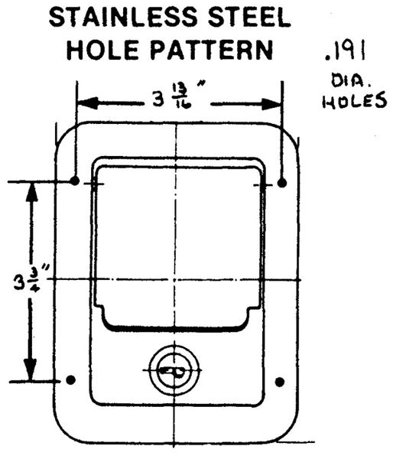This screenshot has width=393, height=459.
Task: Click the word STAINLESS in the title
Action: tap(123, 18)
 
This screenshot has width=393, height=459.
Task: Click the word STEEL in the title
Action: tap(248, 18)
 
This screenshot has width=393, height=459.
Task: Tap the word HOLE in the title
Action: tap(102, 50)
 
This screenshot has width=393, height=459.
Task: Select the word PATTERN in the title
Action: tap(211, 50)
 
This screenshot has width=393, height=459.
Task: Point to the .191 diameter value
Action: tap(346, 51)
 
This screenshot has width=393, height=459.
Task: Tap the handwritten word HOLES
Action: tap(354, 100)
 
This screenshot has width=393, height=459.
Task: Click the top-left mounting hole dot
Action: tap(75, 181)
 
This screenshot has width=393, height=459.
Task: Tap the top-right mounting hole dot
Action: tap(282, 183)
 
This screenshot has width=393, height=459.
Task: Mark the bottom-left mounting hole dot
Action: tap(71, 380)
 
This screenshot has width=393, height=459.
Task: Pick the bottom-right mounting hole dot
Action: tap(280, 382)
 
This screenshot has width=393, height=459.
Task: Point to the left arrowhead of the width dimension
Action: tap(87, 103)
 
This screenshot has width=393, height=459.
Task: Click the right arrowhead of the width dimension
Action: tap(271, 104)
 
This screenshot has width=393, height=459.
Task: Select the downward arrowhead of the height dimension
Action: tap(30, 369)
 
